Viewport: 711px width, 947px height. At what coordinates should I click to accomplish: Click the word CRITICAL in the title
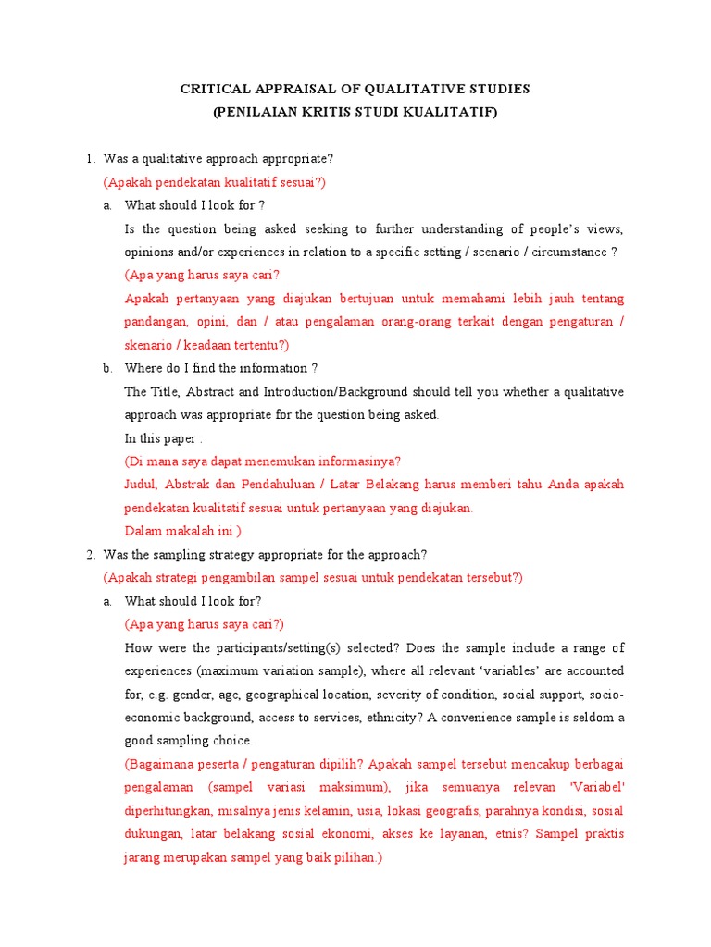point(216,90)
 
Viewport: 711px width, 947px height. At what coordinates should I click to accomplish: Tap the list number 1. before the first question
point(91,159)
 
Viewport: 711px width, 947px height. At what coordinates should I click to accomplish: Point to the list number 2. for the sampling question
point(91,555)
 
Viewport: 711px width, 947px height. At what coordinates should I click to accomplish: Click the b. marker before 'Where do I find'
point(108,368)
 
